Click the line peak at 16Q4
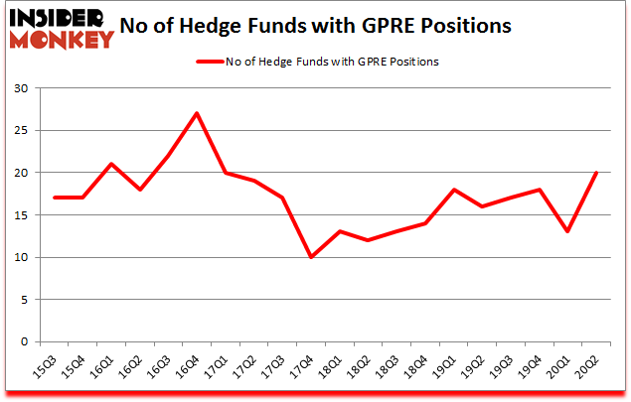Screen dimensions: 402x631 click(x=197, y=113)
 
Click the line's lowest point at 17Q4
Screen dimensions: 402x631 click(x=311, y=257)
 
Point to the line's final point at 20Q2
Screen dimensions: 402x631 click(x=596, y=173)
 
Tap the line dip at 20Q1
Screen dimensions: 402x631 click(x=567, y=231)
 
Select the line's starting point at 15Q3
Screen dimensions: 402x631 click(x=54, y=198)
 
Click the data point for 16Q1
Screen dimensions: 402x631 click(x=111, y=164)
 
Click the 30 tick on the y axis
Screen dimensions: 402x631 click(x=27, y=88)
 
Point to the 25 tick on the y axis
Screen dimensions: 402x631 click(x=27, y=130)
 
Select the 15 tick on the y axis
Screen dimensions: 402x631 click(x=27, y=214)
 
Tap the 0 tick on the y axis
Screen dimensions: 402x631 click(x=30, y=341)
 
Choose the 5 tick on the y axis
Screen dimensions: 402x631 click(x=30, y=299)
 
